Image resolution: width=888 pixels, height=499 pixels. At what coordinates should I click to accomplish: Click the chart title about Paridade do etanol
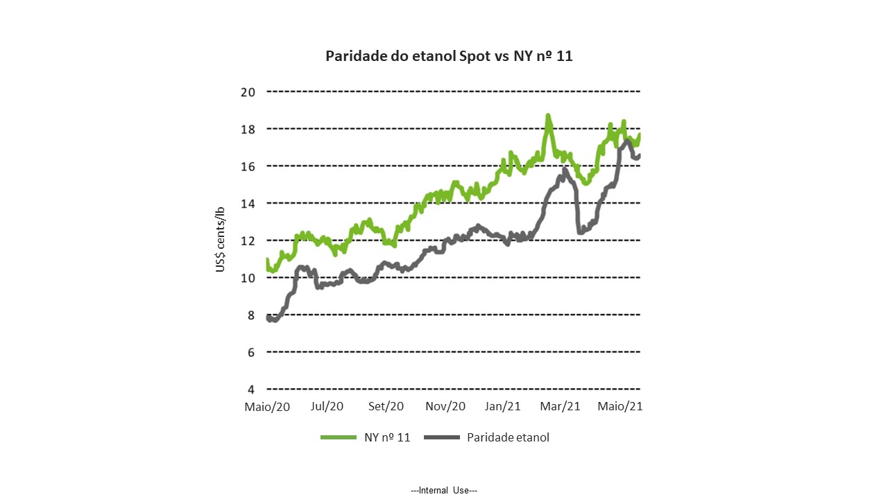click(x=449, y=56)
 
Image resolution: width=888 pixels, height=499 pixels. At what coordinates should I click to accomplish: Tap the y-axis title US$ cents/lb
click(x=220, y=239)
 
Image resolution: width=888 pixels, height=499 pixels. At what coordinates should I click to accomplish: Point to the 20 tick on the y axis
click(x=248, y=91)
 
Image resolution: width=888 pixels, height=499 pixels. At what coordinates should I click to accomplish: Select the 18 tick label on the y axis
click(x=248, y=129)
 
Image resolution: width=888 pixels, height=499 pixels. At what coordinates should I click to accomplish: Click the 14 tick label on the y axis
click(x=248, y=203)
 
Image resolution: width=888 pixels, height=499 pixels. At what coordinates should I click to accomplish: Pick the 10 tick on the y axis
click(x=248, y=277)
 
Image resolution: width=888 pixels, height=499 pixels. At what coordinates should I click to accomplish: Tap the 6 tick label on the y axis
click(x=251, y=352)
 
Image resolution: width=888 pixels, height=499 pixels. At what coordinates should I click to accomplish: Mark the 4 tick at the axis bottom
click(x=251, y=389)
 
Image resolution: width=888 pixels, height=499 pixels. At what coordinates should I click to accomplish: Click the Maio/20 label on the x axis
click(x=267, y=407)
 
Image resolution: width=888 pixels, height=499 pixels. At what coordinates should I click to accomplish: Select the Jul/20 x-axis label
click(x=327, y=407)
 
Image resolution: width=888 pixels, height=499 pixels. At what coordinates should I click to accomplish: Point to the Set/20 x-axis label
click(x=386, y=407)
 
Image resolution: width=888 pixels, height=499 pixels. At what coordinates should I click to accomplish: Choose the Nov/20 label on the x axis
click(x=445, y=407)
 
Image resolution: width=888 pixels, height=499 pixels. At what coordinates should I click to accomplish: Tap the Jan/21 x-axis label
click(x=503, y=407)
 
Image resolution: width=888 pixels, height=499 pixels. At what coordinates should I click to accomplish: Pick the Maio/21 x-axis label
click(x=620, y=407)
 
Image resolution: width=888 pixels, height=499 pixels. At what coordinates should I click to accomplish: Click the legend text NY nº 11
click(x=387, y=437)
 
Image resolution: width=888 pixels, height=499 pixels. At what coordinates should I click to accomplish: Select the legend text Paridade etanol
click(x=508, y=437)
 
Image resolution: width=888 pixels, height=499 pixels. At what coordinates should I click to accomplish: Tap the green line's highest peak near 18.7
click(x=548, y=116)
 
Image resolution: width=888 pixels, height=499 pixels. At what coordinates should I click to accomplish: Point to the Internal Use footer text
click(x=444, y=490)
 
